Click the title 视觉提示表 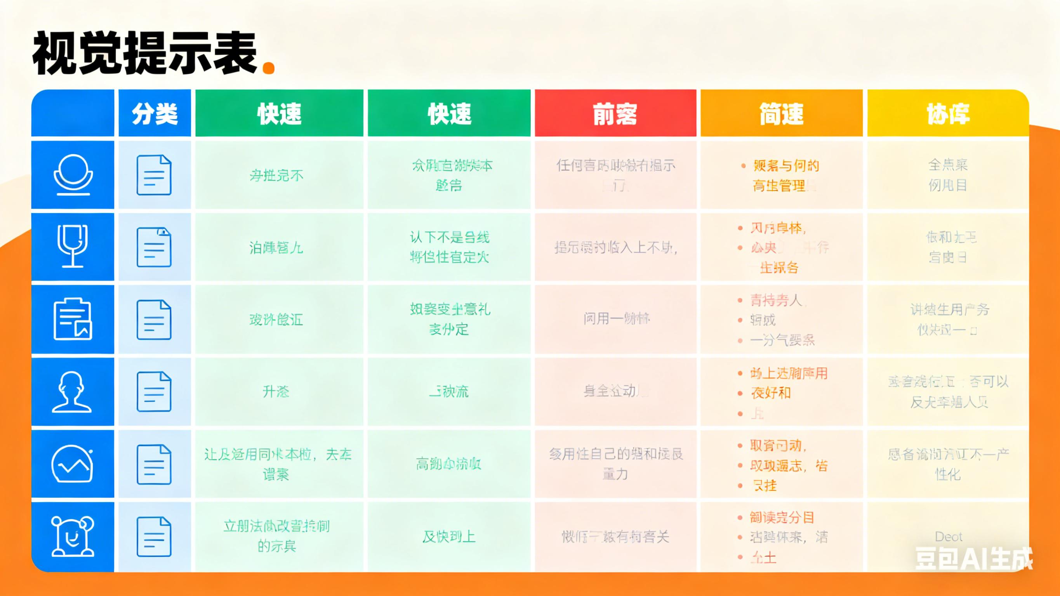click(x=145, y=54)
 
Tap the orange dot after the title click(x=269, y=68)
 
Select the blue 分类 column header click(x=155, y=114)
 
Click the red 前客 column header click(x=615, y=114)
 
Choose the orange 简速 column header click(x=782, y=114)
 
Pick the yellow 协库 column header click(x=948, y=114)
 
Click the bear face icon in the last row click(x=73, y=536)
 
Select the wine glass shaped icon click(x=73, y=246)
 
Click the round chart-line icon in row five click(x=73, y=464)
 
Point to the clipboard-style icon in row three click(x=73, y=319)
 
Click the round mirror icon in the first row click(x=73, y=174)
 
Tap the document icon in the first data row click(x=154, y=175)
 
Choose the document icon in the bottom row click(x=154, y=537)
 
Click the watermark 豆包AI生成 click(x=973, y=559)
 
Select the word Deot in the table click(x=948, y=537)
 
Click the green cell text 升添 click(x=276, y=391)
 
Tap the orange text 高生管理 click(x=779, y=186)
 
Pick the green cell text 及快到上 click(x=449, y=537)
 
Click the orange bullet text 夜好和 click(x=771, y=393)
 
